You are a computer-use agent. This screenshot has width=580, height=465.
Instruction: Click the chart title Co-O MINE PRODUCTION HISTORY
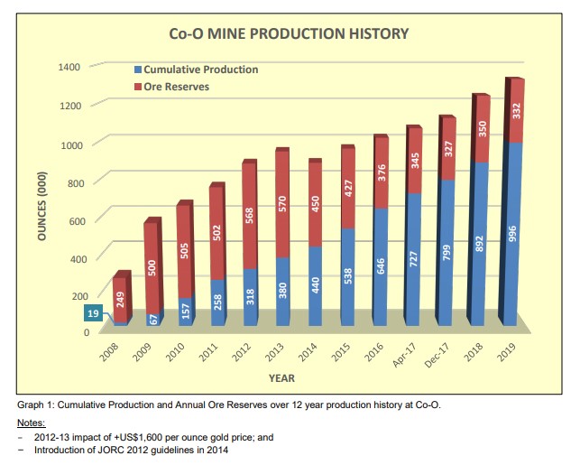coord(289,34)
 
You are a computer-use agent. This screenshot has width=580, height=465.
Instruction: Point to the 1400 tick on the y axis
coord(69,67)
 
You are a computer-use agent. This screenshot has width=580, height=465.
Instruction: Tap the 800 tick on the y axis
coord(72,182)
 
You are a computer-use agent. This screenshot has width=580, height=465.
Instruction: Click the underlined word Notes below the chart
coord(33,423)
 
